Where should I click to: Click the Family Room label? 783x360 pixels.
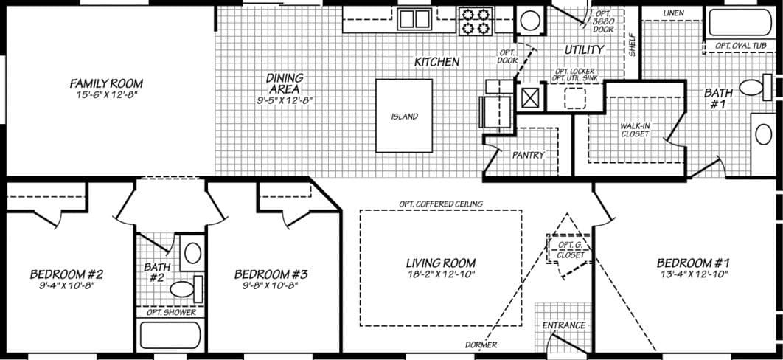point(106,83)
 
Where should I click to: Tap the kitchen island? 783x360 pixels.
point(404,116)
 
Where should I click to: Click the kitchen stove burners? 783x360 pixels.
point(475,21)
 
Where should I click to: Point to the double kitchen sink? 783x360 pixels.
point(414,18)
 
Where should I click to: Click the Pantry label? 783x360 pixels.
point(528,155)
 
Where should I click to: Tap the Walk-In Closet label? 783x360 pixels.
point(634,129)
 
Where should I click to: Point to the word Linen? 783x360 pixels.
point(673,13)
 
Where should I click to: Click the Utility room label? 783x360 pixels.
point(584,49)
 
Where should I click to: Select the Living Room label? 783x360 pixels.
point(440,263)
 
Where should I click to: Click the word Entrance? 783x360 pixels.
point(563,325)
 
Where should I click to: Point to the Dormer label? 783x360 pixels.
point(481,345)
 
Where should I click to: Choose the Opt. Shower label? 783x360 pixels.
point(171,312)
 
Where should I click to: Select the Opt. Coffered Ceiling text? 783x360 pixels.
point(440,204)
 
